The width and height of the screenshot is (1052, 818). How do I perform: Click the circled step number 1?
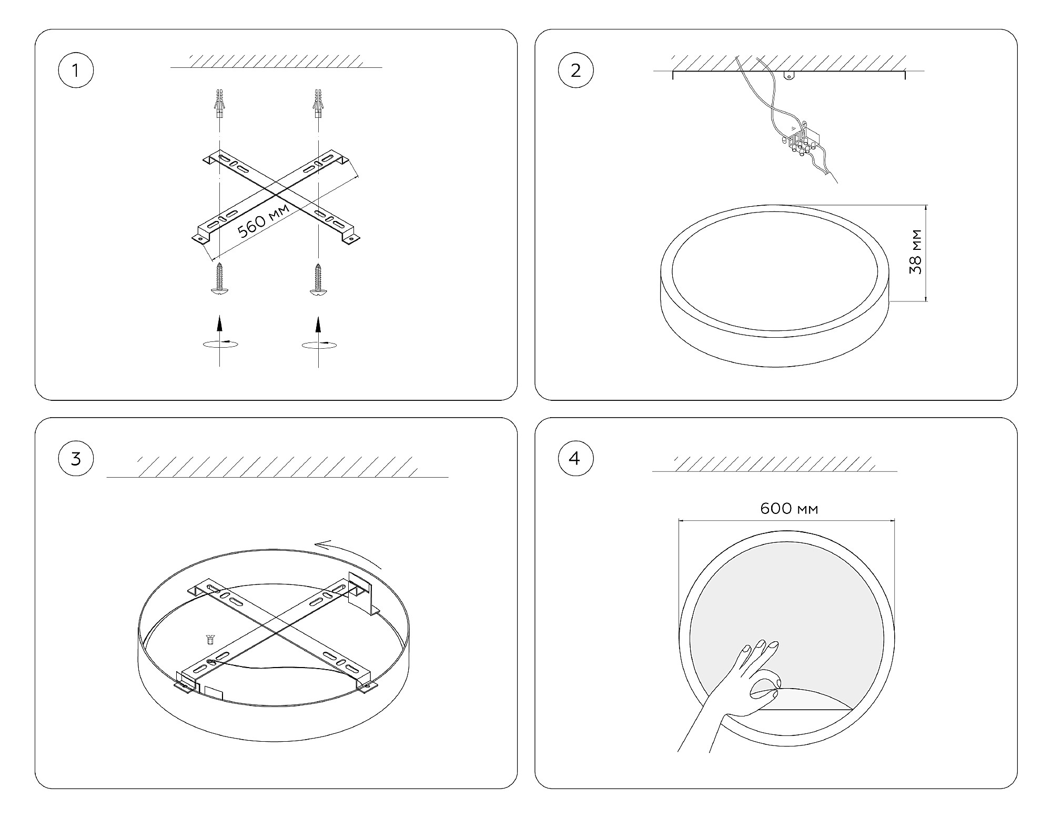[76, 70]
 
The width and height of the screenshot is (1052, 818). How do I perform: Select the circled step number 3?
[76, 459]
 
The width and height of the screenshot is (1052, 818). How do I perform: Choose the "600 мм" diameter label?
[789, 508]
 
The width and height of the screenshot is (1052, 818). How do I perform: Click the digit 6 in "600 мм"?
[766, 508]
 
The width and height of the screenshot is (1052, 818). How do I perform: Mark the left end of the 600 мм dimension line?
[679, 520]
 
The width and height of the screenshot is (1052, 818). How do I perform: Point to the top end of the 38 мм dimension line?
[925, 205]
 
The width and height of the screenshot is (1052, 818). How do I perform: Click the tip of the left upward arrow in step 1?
[219, 316]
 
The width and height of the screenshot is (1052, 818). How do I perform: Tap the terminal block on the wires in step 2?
[799, 140]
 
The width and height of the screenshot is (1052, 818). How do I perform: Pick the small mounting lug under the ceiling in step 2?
[788, 75]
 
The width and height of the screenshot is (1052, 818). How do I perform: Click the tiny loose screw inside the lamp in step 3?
[210, 640]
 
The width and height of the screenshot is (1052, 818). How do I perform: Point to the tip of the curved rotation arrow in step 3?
[315, 545]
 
